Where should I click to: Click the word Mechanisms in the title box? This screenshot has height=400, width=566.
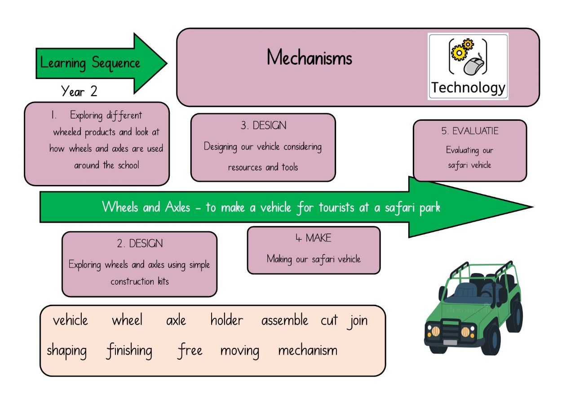click(x=310, y=57)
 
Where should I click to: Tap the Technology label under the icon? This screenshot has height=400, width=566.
click(x=468, y=88)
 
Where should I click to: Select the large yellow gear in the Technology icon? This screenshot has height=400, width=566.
click(x=459, y=53)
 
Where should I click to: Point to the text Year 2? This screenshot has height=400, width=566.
click(x=79, y=91)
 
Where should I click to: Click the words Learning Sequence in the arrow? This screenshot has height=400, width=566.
click(x=90, y=63)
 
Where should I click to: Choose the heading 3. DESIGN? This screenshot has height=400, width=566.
click(x=263, y=126)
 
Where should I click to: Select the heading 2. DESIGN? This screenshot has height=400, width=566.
click(x=140, y=243)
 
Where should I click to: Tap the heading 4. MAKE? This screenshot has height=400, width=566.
click(x=314, y=238)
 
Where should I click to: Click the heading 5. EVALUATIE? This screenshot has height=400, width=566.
click(x=470, y=131)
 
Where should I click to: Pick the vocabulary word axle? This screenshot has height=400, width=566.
click(x=176, y=321)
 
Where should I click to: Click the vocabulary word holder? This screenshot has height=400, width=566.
click(x=227, y=320)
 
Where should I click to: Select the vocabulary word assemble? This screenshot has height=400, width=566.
click(x=285, y=320)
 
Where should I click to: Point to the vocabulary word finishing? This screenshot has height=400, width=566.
click(x=129, y=351)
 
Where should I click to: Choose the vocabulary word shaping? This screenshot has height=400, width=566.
click(x=66, y=351)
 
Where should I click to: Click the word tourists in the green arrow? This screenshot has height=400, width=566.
click(x=336, y=207)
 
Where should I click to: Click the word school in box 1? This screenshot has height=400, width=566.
click(x=128, y=165)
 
